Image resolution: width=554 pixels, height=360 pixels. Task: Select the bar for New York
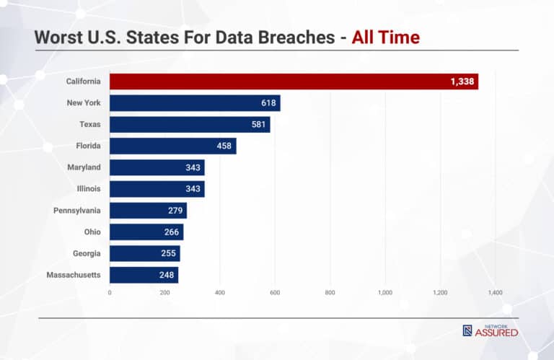pyautogui.click(x=195, y=103)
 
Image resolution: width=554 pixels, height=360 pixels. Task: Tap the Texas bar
pyautogui.click(x=190, y=125)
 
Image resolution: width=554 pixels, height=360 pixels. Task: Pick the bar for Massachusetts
pyautogui.click(x=144, y=275)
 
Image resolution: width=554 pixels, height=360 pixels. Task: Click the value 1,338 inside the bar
pyautogui.click(x=462, y=82)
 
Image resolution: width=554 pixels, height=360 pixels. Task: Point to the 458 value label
pyautogui.click(x=224, y=146)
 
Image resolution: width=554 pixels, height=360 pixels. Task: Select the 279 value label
pyautogui.click(x=174, y=211)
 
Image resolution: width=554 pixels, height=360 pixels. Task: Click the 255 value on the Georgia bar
pyautogui.click(x=168, y=253)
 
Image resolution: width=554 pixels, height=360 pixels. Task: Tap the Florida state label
pyautogui.click(x=87, y=146)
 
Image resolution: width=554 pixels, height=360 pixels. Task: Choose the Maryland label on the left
pyautogui.click(x=83, y=167)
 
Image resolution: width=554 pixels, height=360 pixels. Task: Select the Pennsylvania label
pyautogui.click(x=76, y=211)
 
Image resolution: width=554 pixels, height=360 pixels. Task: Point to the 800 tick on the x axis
pyautogui.click(x=330, y=293)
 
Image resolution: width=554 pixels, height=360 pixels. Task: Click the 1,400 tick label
pyautogui.click(x=495, y=293)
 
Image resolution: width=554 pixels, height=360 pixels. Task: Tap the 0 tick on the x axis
pyautogui.click(x=110, y=293)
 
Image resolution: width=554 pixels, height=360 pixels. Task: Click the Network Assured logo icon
pyautogui.click(x=467, y=331)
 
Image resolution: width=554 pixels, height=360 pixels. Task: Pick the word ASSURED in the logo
pyautogui.click(x=496, y=333)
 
